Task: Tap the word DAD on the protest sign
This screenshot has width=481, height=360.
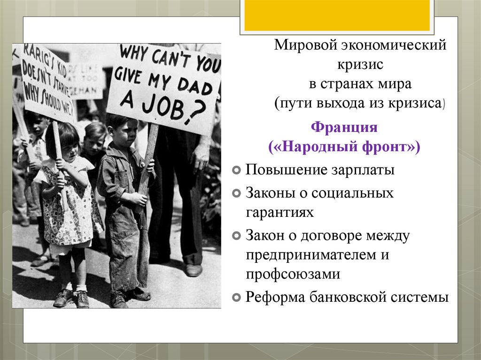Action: (193, 86)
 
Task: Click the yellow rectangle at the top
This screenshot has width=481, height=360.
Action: (336, 15)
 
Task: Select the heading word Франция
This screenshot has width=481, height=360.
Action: (345, 127)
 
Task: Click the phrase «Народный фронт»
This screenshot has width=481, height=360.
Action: (344, 147)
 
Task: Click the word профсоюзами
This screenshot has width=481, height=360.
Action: (292, 275)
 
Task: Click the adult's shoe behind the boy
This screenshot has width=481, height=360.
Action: (193, 270)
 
